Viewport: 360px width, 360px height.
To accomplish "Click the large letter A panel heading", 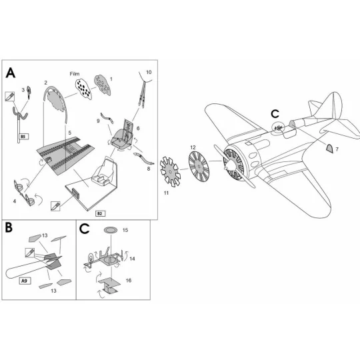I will (11, 72).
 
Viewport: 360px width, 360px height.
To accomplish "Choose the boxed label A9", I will (24, 281).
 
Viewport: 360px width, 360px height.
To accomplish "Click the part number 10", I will (148, 71).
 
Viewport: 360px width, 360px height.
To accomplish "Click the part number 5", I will (69, 133).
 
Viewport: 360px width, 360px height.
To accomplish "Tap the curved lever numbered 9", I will (105, 119).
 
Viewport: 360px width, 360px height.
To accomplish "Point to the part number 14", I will (132, 257).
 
